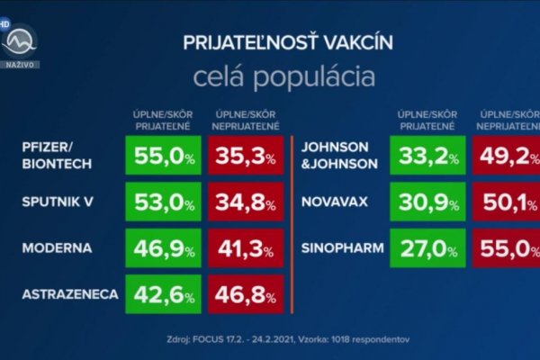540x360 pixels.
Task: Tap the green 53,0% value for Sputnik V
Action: point(164,202)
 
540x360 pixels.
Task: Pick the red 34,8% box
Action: point(245,202)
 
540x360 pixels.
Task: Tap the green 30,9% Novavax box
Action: point(427,202)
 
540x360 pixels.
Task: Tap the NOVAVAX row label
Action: point(337,202)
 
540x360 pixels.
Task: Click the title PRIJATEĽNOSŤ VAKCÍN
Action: point(275,43)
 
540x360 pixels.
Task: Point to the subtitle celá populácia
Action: point(275,76)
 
